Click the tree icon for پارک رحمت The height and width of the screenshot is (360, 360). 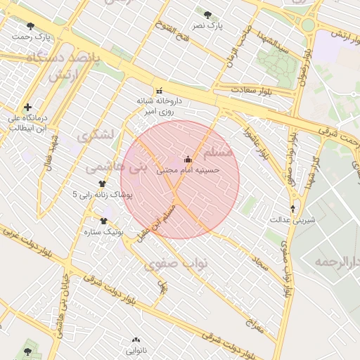tap(30, 26)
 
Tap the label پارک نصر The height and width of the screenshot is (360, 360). tap(210, 25)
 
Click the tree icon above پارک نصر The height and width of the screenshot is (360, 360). tap(207, 14)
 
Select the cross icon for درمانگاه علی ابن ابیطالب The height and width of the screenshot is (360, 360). tap(27, 108)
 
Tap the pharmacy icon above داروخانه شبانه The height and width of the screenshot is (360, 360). tap(159, 91)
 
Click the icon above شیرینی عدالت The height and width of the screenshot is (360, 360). tap(293, 208)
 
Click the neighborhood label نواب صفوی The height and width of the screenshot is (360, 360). tap(176, 264)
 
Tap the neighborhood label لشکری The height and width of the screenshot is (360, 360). tap(96, 135)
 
